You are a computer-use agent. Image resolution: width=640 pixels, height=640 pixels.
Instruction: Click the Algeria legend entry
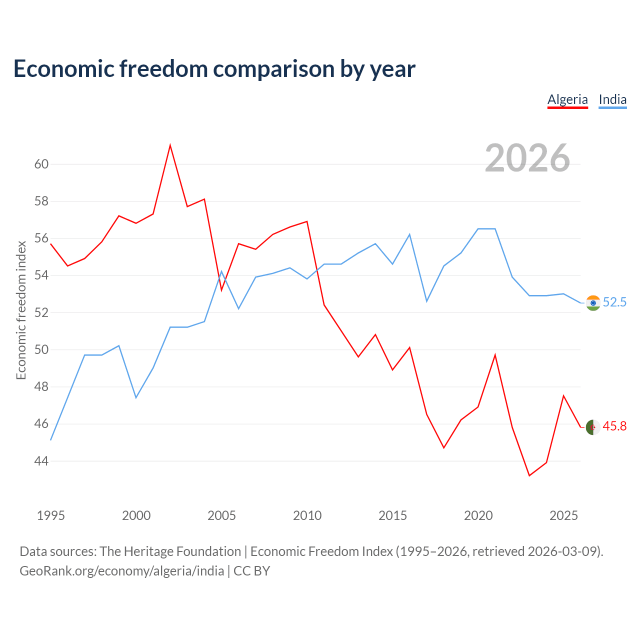(x=567, y=99)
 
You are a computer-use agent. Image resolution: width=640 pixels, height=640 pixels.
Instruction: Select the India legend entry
(x=612, y=99)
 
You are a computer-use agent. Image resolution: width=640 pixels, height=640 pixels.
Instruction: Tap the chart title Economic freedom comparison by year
(x=214, y=69)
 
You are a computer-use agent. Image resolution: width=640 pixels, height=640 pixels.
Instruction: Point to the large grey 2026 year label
(x=527, y=158)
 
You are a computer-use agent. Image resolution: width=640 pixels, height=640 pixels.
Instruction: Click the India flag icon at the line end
(x=593, y=303)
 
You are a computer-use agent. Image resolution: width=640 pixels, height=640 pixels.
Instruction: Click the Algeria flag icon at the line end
(x=593, y=427)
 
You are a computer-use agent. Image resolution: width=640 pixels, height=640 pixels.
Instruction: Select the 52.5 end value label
(x=614, y=302)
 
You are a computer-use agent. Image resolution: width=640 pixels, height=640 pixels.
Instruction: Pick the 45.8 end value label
(x=614, y=426)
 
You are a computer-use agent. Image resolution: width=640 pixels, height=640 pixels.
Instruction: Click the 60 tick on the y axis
(x=41, y=164)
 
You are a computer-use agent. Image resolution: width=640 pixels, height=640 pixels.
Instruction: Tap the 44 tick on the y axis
(x=41, y=461)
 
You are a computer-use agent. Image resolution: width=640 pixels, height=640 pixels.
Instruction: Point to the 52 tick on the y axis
(x=41, y=312)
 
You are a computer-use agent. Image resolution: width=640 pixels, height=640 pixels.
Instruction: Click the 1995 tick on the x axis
(x=51, y=515)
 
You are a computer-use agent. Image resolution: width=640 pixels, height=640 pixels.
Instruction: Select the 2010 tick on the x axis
(x=307, y=515)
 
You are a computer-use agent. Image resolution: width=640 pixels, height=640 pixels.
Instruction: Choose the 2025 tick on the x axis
(x=563, y=515)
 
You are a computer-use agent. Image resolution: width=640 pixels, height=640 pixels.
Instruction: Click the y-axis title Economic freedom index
(x=21, y=310)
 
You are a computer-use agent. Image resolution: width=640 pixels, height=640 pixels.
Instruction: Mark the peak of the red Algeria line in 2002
(x=170, y=145)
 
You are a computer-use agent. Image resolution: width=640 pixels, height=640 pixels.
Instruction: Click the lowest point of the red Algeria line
(x=529, y=475)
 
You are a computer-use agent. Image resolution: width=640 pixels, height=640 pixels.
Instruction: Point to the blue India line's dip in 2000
(x=136, y=397)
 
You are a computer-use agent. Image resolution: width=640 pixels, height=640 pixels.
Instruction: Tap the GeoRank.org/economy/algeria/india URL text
(x=122, y=571)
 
